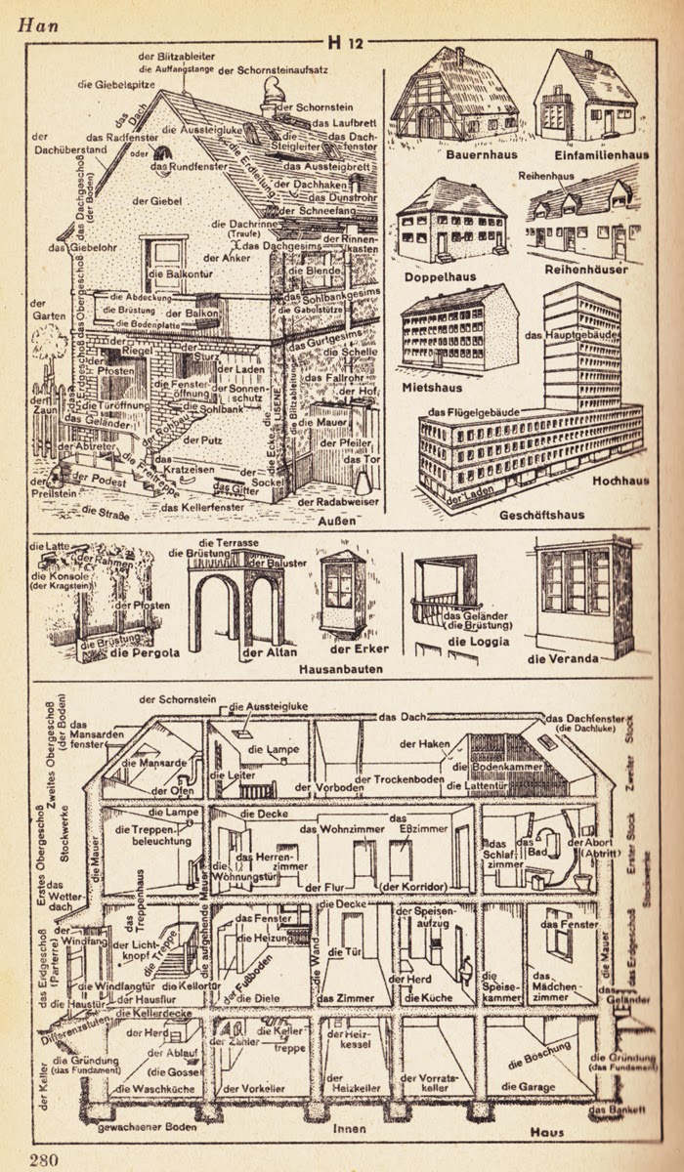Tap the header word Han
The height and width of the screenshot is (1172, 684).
click(x=37, y=24)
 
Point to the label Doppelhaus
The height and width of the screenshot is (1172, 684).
click(x=440, y=276)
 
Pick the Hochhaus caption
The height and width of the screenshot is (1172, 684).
click(x=620, y=481)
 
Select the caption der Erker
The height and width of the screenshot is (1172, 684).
click(x=360, y=648)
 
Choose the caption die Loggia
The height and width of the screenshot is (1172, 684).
click(x=470, y=642)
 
